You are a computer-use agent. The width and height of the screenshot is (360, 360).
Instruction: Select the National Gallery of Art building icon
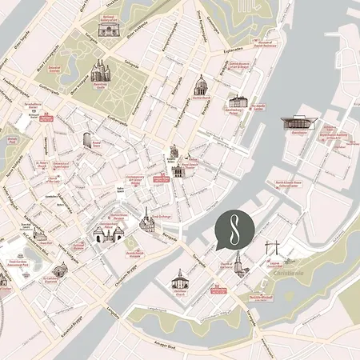[x=109, y=28]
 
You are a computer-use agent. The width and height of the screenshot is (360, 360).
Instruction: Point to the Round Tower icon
[x=87, y=140]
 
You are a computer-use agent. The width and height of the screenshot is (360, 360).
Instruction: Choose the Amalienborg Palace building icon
[x=237, y=102]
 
